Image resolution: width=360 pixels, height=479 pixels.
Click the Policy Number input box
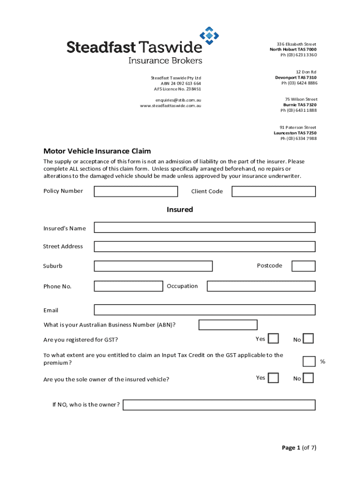(x=136, y=191)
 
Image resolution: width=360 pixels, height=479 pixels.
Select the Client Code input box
(x=274, y=191)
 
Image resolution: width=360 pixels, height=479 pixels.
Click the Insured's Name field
(x=204, y=227)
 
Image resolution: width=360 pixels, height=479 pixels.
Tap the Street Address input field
(x=204, y=247)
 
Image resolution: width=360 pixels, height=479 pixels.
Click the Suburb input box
(x=153, y=266)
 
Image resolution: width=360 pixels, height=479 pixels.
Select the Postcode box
(x=303, y=266)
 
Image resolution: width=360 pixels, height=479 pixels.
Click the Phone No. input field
(x=129, y=286)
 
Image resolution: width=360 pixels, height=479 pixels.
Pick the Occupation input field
(x=261, y=286)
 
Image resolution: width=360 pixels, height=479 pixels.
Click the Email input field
(x=204, y=310)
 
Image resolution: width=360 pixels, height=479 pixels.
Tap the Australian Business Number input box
(x=228, y=325)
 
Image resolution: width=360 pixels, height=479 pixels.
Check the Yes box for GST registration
(x=274, y=339)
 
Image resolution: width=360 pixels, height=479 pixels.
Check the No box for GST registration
(x=308, y=339)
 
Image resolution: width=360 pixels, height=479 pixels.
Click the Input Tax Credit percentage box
(x=309, y=361)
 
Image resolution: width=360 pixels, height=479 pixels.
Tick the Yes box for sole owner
(x=274, y=377)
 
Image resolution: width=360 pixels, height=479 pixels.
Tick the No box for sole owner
(x=308, y=377)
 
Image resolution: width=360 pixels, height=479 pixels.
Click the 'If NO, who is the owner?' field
(x=219, y=405)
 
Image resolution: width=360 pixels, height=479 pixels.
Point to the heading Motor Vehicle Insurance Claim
(x=97, y=151)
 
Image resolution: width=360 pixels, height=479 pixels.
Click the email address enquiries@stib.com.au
(x=178, y=100)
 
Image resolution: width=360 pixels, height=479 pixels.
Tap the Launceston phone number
(x=298, y=138)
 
